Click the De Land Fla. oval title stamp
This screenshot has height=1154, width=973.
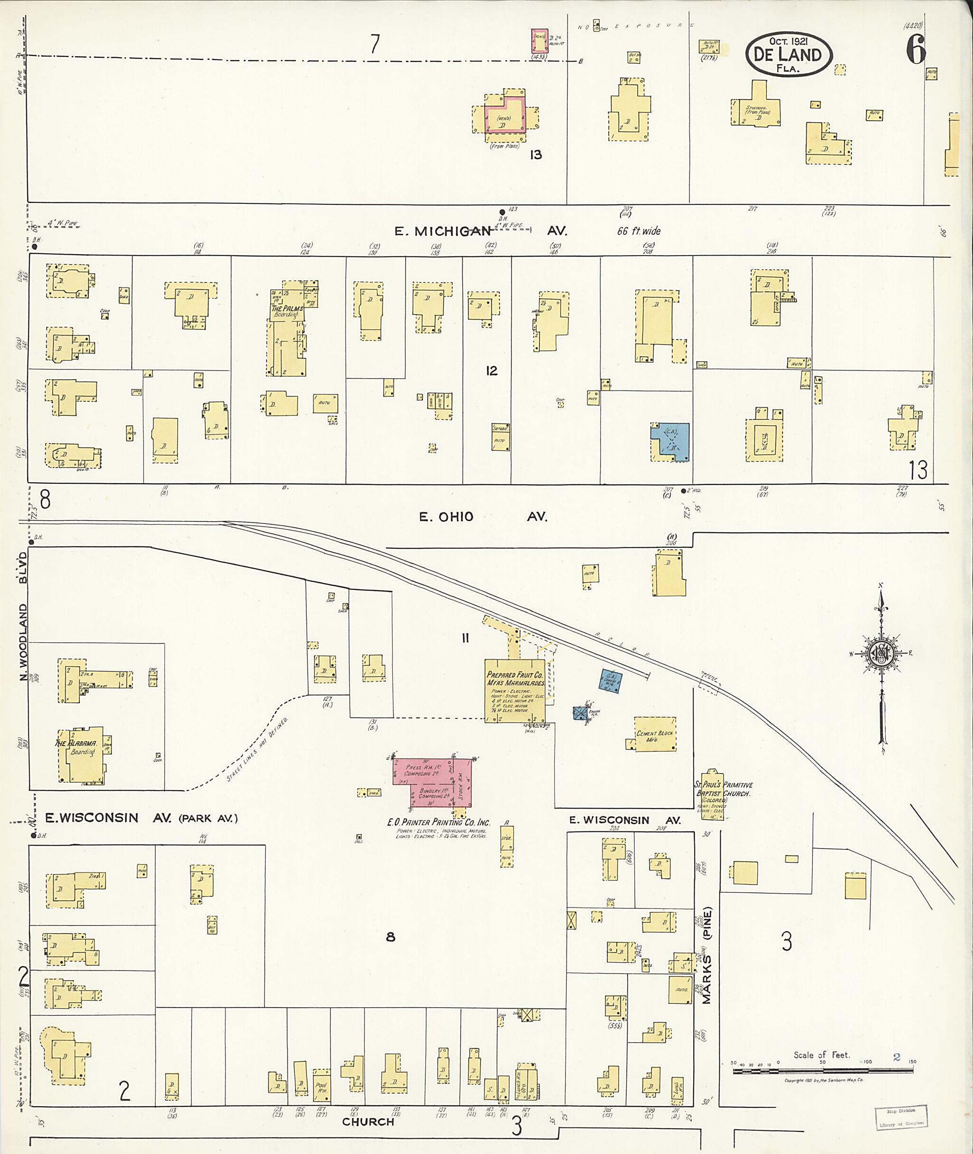pyautogui.click(x=788, y=55)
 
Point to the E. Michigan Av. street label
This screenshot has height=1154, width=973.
pyautogui.click(x=480, y=230)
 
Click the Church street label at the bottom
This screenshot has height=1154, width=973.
pyautogui.click(x=368, y=1121)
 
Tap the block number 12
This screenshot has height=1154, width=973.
pyautogui.click(x=491, y=371)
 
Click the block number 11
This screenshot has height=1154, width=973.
pyautogui.click(x=466, y=638)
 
